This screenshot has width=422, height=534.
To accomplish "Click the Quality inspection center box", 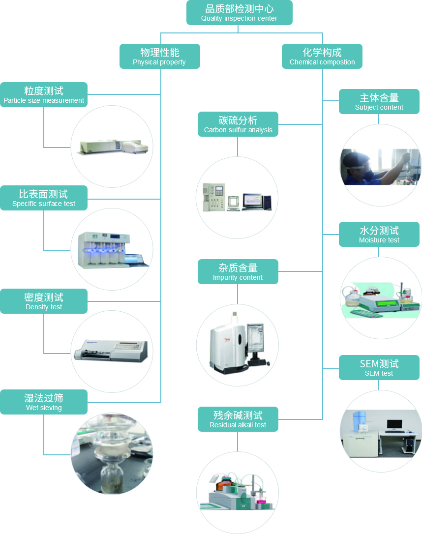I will click(x=239, y=13).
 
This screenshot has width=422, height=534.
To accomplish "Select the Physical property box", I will click(x=159, y=56).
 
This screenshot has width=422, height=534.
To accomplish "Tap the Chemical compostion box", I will click(x=322, y=56).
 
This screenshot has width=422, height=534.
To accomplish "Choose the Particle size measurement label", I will click(x=44, y=94).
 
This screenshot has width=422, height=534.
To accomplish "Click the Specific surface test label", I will click(x=44, y=198).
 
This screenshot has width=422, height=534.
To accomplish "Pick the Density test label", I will click(x=44, y=301).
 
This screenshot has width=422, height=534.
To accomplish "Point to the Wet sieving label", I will click(x=44, y=402).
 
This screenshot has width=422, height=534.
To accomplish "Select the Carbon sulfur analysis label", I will click(x=238, y=124).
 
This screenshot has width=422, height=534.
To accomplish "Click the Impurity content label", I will click(x=238, y=271).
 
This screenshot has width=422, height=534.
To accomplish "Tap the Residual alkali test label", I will click(x=238, y=419).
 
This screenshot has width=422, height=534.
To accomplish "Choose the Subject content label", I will click(x=379, y=101).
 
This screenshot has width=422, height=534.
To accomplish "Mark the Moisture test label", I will click(x=379, y=234).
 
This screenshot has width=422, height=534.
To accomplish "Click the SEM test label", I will click(x=379, y=367).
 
